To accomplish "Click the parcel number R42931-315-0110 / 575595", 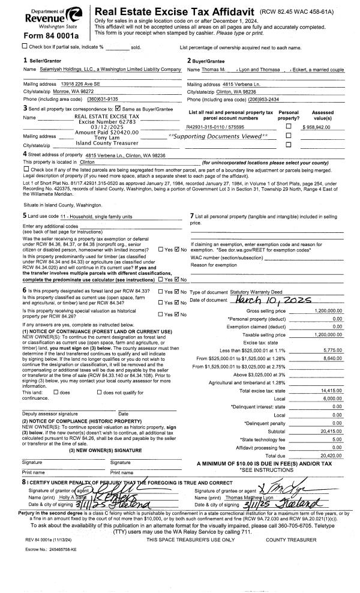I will tap(215, 127).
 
